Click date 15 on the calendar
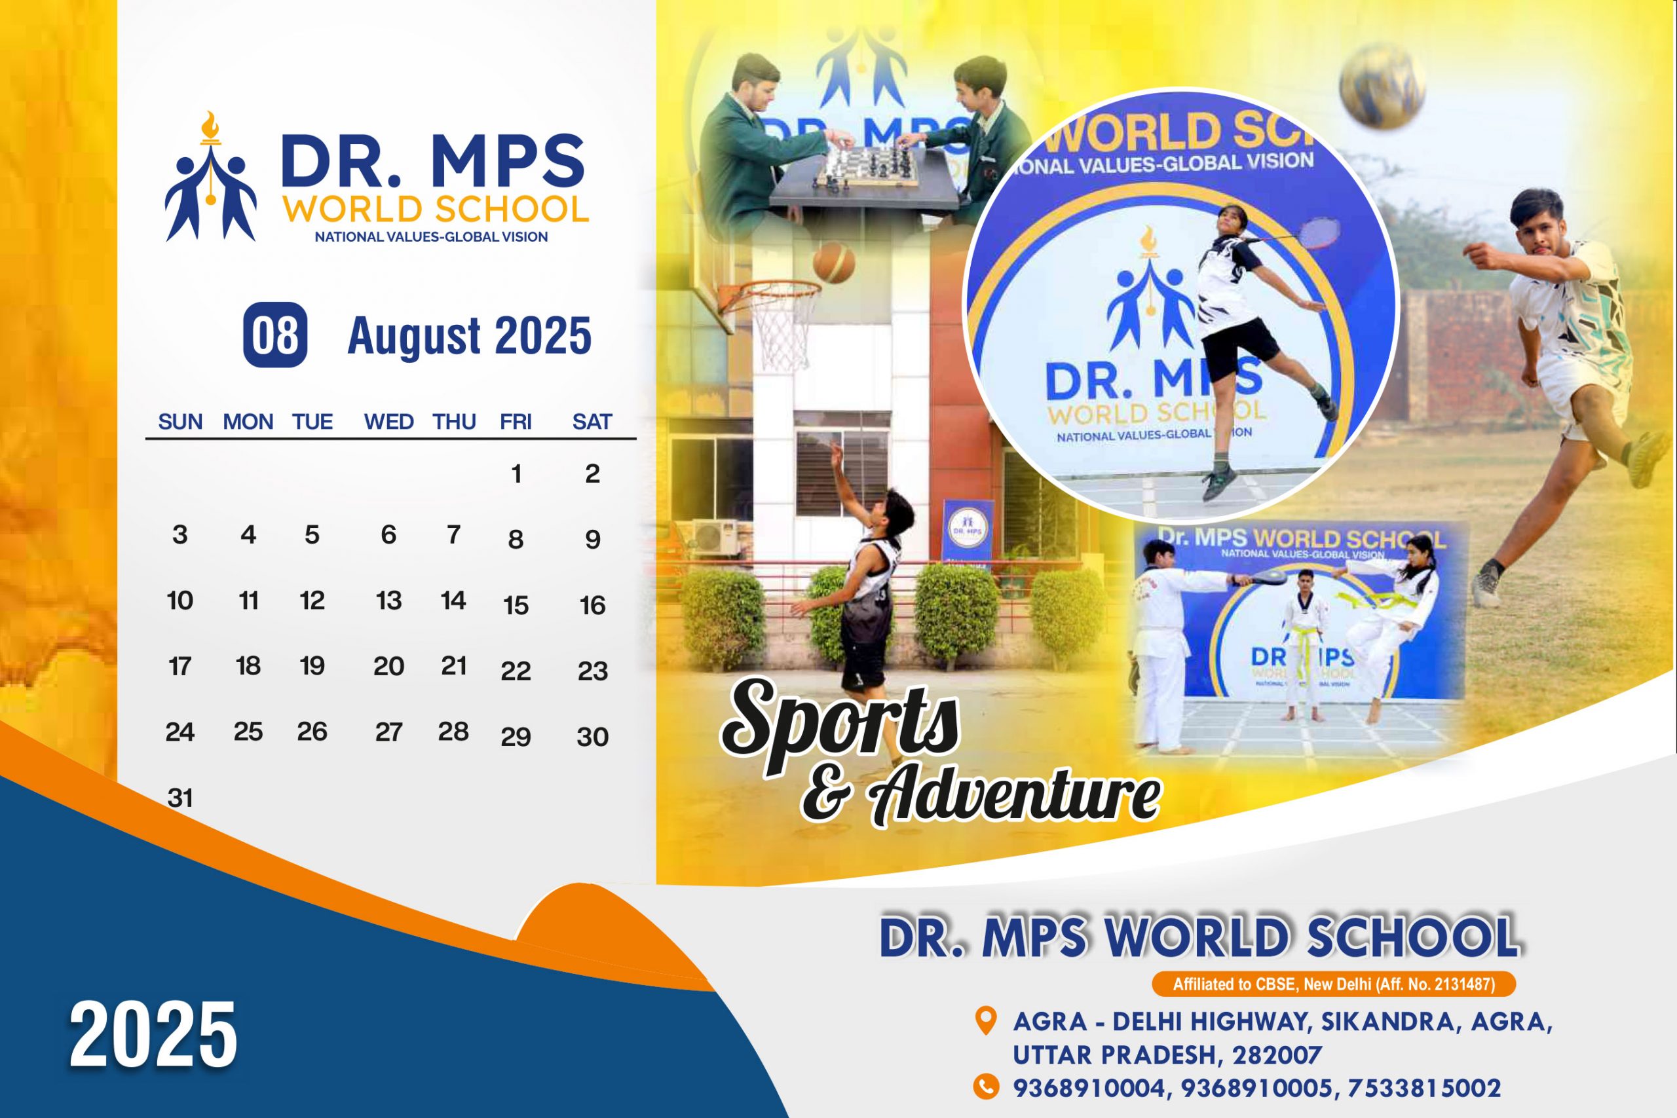(x=516, y=605)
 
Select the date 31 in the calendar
(x=179, y=797)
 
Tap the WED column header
(x=388, y=422)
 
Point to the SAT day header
(x=592, y=422)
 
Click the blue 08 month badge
(x=275, y=335)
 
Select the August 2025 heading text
(x=469, y=336)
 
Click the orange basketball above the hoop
(x=833, y=263)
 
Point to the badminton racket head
(x=1317, y=233)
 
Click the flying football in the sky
(x=1382, y=86)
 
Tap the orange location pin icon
(x=985, y=1021)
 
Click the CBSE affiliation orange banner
(x=1333, y=984)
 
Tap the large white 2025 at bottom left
(x=153, y=1035)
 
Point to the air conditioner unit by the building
(x=717, y=537)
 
